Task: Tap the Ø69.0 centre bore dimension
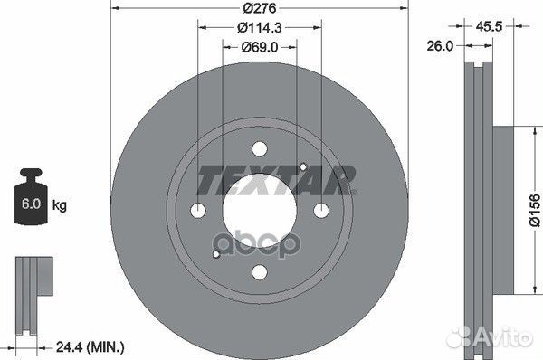click(260, 47)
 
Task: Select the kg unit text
click(60, 206)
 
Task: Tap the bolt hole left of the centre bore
click(199, 211)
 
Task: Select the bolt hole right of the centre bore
click(320, 211)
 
